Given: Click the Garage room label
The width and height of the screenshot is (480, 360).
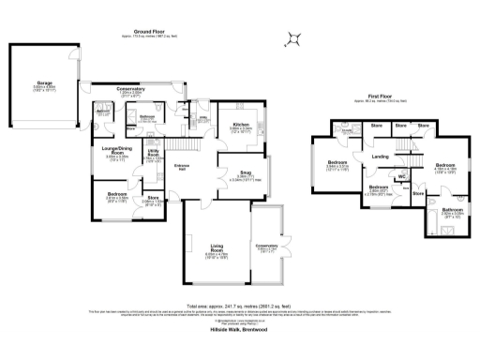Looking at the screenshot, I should click(44, 82).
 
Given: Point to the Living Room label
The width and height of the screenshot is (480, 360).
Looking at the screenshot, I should click(217, 248).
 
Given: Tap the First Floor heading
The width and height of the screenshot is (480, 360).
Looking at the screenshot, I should click(380, 96).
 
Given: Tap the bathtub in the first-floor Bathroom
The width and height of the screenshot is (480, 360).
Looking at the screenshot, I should click(458, 226).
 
